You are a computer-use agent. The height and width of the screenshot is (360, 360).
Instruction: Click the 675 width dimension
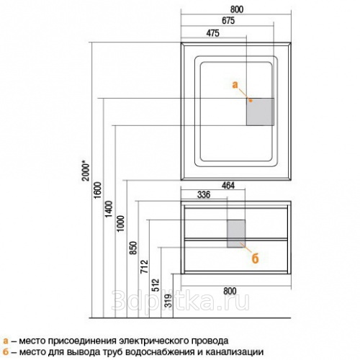coord(228,21)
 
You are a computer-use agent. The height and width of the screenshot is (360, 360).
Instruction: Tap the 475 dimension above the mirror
coord(212,33)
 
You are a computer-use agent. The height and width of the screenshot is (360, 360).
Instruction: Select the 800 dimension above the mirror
coord(237,9)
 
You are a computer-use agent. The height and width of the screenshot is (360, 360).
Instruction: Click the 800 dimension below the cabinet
coord(230,291)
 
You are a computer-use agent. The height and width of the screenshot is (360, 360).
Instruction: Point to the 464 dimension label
coord(228,186)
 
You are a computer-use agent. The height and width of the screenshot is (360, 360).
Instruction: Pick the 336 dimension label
coord(204,194)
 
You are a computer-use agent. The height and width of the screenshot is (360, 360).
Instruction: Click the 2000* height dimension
coord(86,171)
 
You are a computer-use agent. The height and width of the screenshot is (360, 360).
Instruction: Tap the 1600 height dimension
coord(98,190)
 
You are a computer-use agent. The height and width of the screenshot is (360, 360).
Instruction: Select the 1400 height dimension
coord(109,209)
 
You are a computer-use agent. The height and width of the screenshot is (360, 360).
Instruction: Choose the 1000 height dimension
coord(120,223)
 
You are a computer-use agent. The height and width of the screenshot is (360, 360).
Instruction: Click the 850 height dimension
coord(133,248)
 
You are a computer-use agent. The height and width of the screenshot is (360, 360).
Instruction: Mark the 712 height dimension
coord(145,266)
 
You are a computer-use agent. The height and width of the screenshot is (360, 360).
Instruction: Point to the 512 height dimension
coord(156,285)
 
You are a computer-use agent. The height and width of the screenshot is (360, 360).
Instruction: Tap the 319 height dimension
coord(168,301)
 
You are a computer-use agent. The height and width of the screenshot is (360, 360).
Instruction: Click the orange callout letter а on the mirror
coord(235,85)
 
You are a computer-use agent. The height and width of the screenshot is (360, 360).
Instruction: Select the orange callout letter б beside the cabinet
coord(255,258)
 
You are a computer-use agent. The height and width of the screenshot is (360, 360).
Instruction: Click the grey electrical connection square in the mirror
coord(260,112)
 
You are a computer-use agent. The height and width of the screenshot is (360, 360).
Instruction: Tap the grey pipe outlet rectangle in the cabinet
coord(236,233)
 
